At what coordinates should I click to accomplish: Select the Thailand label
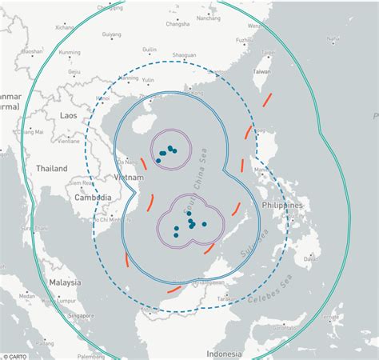51,169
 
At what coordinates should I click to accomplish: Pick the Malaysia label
63,282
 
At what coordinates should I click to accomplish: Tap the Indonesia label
224,353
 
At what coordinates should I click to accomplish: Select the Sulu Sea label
260,238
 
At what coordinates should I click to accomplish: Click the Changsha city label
178,24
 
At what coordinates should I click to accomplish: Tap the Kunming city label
70,52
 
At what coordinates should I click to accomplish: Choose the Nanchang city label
208,17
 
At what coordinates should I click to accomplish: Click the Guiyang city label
112,35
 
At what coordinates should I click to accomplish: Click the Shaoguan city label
185,55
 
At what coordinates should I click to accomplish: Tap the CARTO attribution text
17,355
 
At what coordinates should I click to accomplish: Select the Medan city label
26,296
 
